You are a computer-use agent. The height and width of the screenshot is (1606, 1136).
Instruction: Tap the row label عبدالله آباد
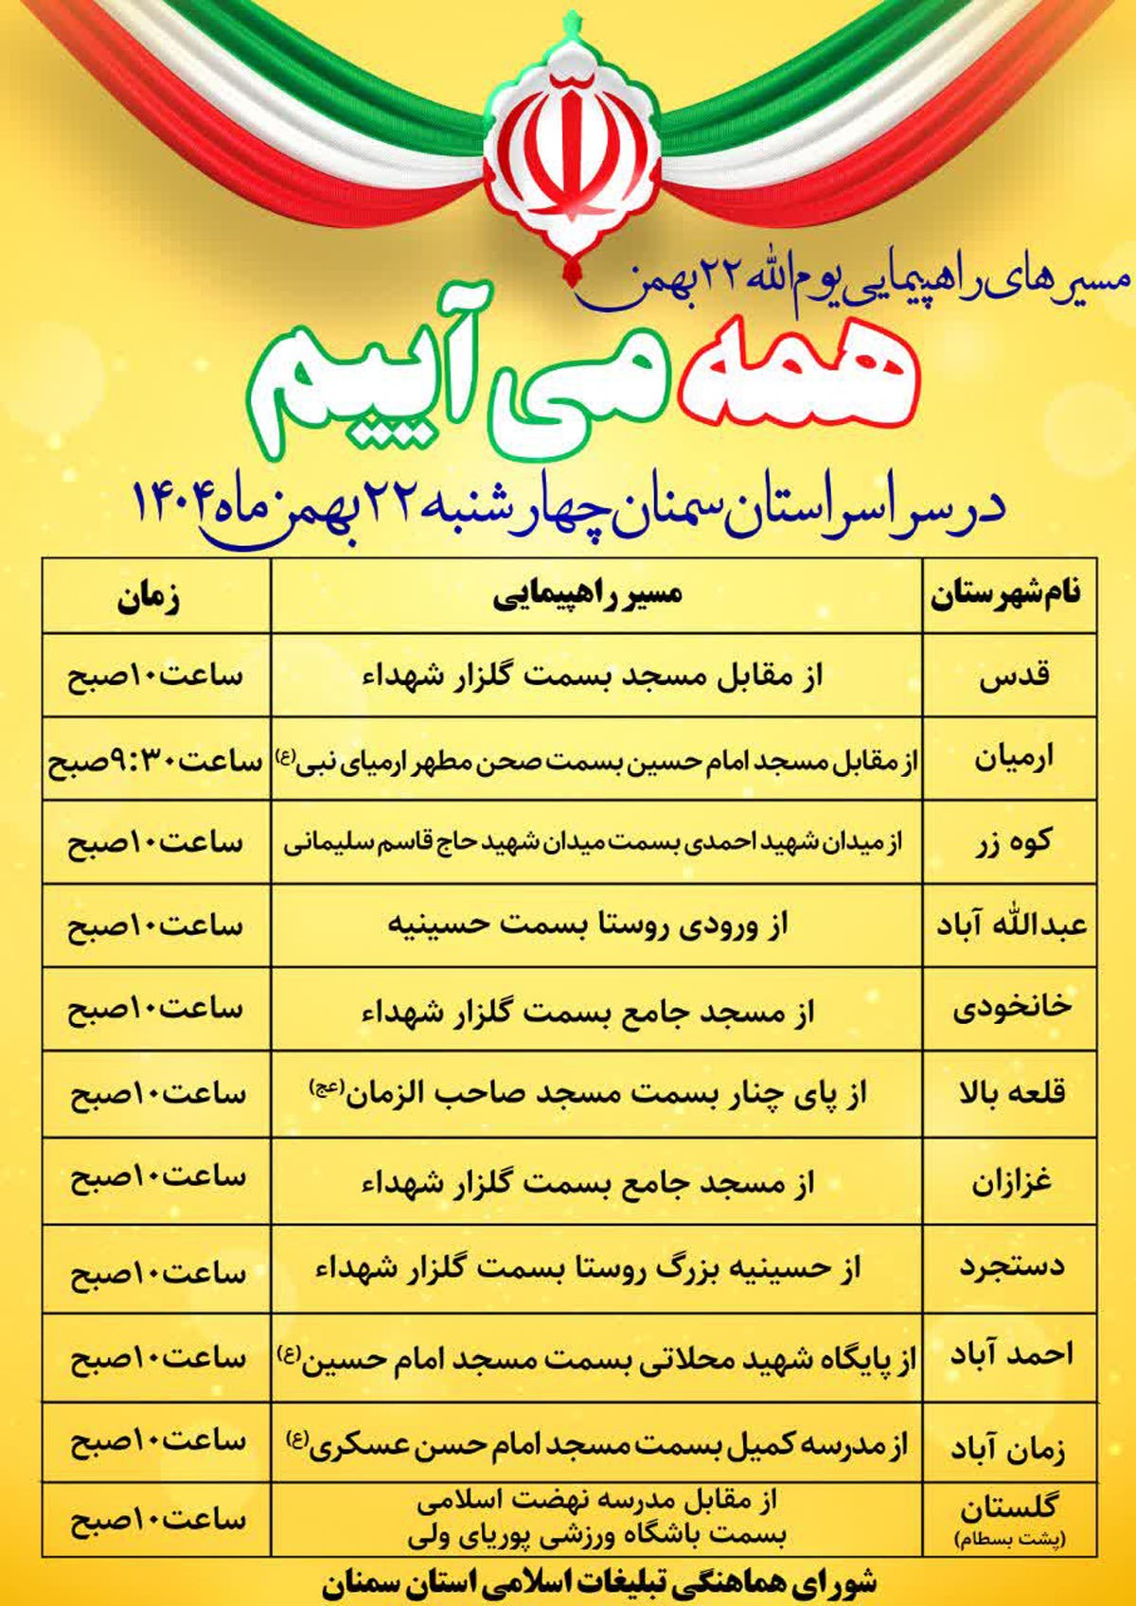(x=1011, y=925)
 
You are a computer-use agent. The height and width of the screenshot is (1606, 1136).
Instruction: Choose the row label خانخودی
(x=1012, y=1008)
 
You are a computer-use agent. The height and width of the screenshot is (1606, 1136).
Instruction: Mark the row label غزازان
(x=1012, y=1182)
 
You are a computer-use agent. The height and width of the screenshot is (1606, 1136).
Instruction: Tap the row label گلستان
(x=1011, y=1505)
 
